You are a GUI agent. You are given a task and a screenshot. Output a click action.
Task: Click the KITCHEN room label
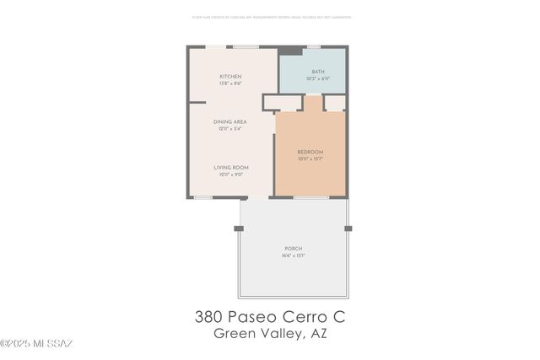[x=231, y=77]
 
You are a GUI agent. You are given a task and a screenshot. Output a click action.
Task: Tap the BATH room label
[x=317, y=72]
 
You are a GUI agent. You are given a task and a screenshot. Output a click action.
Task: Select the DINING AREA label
[x=229, y=122]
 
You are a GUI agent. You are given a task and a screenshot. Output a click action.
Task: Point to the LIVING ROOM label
[x=230, y=168]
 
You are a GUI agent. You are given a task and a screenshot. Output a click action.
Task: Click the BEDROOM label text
[x=310, y=152]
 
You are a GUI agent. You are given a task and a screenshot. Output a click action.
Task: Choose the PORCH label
[x=294, y=249]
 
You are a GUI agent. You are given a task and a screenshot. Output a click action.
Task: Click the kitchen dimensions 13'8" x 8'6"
[x=231, y=83]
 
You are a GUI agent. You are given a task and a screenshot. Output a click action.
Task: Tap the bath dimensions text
[x=317, y=78]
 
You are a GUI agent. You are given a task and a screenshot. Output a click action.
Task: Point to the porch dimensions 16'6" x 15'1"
[x=294, y=255]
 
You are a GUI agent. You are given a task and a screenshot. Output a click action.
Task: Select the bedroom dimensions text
[x=310, y=159]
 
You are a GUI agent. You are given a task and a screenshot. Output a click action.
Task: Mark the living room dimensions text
[x=230, y=175]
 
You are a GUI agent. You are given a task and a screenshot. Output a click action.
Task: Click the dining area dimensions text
[x=229, y=129]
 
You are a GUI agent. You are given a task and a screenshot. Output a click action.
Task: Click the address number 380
[x=209, y=317]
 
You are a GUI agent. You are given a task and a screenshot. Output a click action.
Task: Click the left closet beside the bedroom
[x=283, y=102]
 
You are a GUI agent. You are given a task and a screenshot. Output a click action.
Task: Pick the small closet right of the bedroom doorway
[x=335, y=102]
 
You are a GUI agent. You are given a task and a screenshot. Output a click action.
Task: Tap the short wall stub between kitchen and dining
[x=197, y=103]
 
